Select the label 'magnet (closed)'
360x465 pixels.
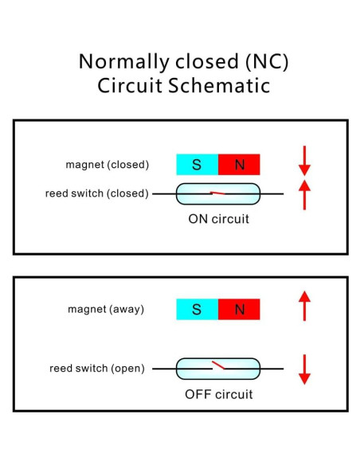(107, 165)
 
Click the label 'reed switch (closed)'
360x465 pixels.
(99, 193)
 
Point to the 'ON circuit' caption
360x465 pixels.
(218, 217)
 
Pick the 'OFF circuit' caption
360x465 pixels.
(218, 394)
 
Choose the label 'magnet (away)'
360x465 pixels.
(105, 308)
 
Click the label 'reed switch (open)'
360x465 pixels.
(96, 368)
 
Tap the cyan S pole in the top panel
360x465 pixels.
(197, 165)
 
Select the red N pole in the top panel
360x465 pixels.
(239, 165)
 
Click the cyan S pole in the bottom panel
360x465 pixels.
(197, 309)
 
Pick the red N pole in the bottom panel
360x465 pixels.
(239, 309)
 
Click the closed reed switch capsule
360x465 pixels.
(217, 193)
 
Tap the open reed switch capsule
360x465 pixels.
(217, 369)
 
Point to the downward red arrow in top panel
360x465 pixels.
(304, 160)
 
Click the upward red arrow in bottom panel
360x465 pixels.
(304, 306)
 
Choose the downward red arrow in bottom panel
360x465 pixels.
(304, 369)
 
